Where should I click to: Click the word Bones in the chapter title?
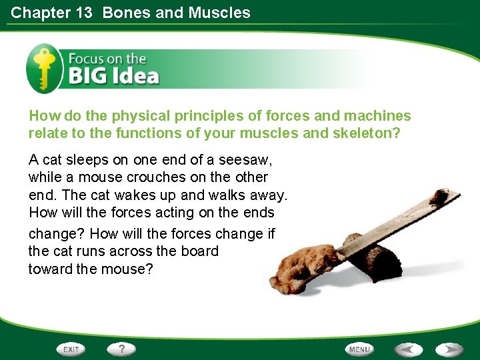125,12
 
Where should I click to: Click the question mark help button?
121,349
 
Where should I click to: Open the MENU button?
359,349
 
